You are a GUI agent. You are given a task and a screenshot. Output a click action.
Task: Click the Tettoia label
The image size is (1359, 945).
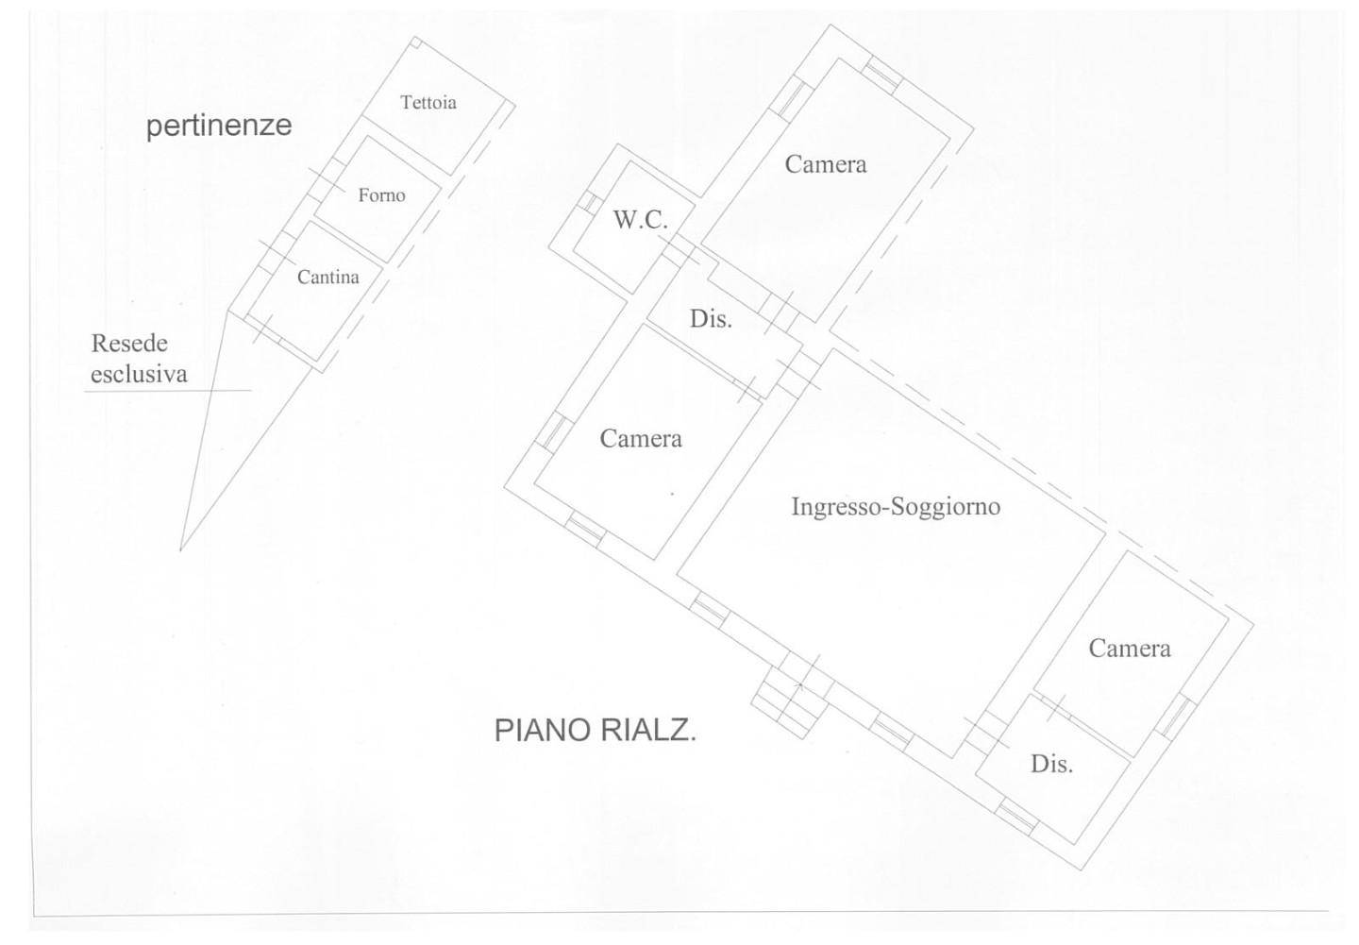pos(428,103)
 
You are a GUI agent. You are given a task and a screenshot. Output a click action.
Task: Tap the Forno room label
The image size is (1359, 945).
pos(381,195)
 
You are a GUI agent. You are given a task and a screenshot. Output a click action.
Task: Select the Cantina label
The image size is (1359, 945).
pos(327,278)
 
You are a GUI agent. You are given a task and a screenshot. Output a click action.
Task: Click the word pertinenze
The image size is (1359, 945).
pos(219,126)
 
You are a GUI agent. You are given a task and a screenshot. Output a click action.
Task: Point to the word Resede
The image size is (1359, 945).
pos(129,344)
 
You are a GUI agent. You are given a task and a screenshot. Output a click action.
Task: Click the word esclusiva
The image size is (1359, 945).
pos(139,374)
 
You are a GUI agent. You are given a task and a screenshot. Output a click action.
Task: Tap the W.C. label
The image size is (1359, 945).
pos(640,220)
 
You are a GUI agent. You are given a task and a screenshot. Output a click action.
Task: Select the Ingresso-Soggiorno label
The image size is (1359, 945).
pos(895,507)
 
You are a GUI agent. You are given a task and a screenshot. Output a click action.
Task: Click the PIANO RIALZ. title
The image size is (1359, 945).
pos(596,730)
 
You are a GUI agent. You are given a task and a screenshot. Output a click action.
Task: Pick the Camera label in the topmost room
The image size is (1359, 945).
pos(826,164)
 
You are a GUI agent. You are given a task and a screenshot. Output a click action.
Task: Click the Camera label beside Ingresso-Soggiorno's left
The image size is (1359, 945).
pos(641,439)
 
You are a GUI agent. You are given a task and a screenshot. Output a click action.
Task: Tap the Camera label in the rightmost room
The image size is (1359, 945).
pos(1129,649)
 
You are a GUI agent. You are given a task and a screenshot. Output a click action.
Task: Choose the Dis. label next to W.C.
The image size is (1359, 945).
pos(711,319)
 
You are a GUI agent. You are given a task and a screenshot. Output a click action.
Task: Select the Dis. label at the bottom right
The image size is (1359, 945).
pos(1051,764)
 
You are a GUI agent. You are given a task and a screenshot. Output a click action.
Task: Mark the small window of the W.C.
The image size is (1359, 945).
pos(588,202)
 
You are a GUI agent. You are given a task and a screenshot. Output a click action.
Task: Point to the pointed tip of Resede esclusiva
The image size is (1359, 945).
pos(181,548)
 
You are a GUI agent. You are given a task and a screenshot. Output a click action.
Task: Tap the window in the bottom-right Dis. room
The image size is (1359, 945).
pos(1016,816)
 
